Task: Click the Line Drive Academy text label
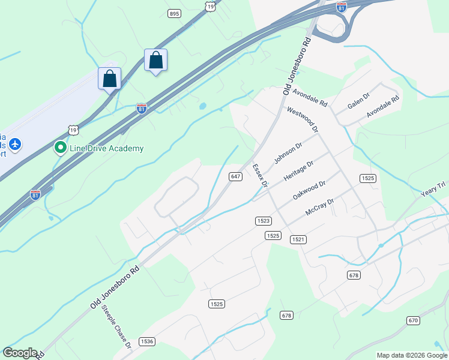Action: tap(107, 148)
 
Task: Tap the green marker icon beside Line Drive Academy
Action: tap(60, 147)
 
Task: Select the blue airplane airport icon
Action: tap(15, 145)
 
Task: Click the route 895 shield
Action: tap(174, 13)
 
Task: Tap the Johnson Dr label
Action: tap(288, 152)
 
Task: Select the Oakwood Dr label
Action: tap(309, 191)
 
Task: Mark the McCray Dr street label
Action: tap(319, 208)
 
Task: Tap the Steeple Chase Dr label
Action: tap(116, 327)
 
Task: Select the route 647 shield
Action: tap(235, 176)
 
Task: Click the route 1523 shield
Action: tap(262, 221)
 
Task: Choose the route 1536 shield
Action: tap(146, 341)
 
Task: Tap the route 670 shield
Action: tap(413, 320)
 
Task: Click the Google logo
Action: tap(20, 353)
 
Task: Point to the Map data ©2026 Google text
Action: tap(412, 355)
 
